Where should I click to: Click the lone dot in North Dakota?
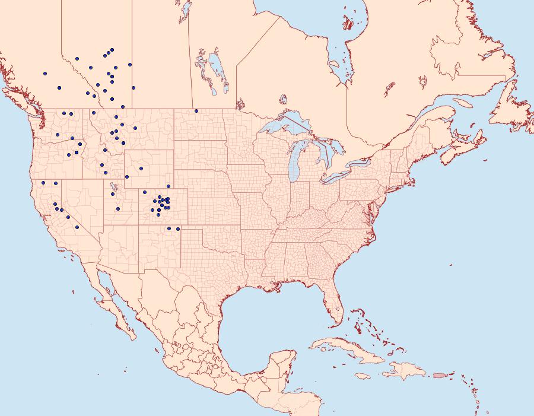pyautogui.click(x=196, y=111)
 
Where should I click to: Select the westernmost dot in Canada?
pyautogui.click(x=45, y=74)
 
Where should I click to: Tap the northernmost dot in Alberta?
pyautogui.click(x=112, y=50)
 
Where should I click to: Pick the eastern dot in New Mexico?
pyautogui.click(x=178, y=228)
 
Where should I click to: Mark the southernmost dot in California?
pyautogui.click(x=77, y=227)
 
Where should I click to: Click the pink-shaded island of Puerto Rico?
pyautogui.click(x=439, y=375)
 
